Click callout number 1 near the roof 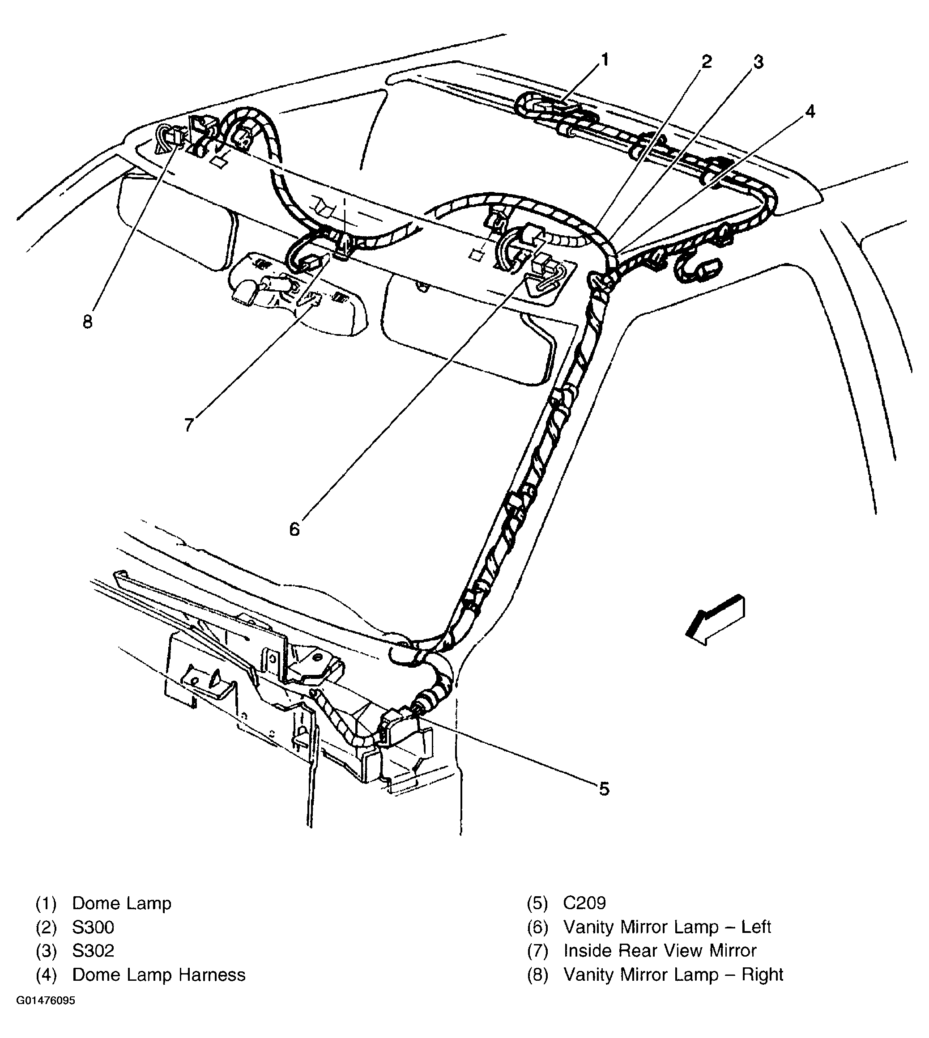(605, 60)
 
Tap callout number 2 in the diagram (707, 62)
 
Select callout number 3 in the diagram (759, 62)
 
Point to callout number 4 (810, 111)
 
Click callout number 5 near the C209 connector (604, 789)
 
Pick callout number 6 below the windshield (294, 530)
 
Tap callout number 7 (189, 424)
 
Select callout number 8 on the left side (88, 322)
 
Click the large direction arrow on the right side (715, 619)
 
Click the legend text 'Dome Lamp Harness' (159, 975)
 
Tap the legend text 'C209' (584, 903)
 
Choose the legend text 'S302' (93, 951)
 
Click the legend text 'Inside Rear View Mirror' (660, 951)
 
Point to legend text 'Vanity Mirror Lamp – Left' (667, 927)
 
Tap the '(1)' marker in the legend (46, 903)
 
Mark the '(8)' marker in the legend (537, 975)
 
